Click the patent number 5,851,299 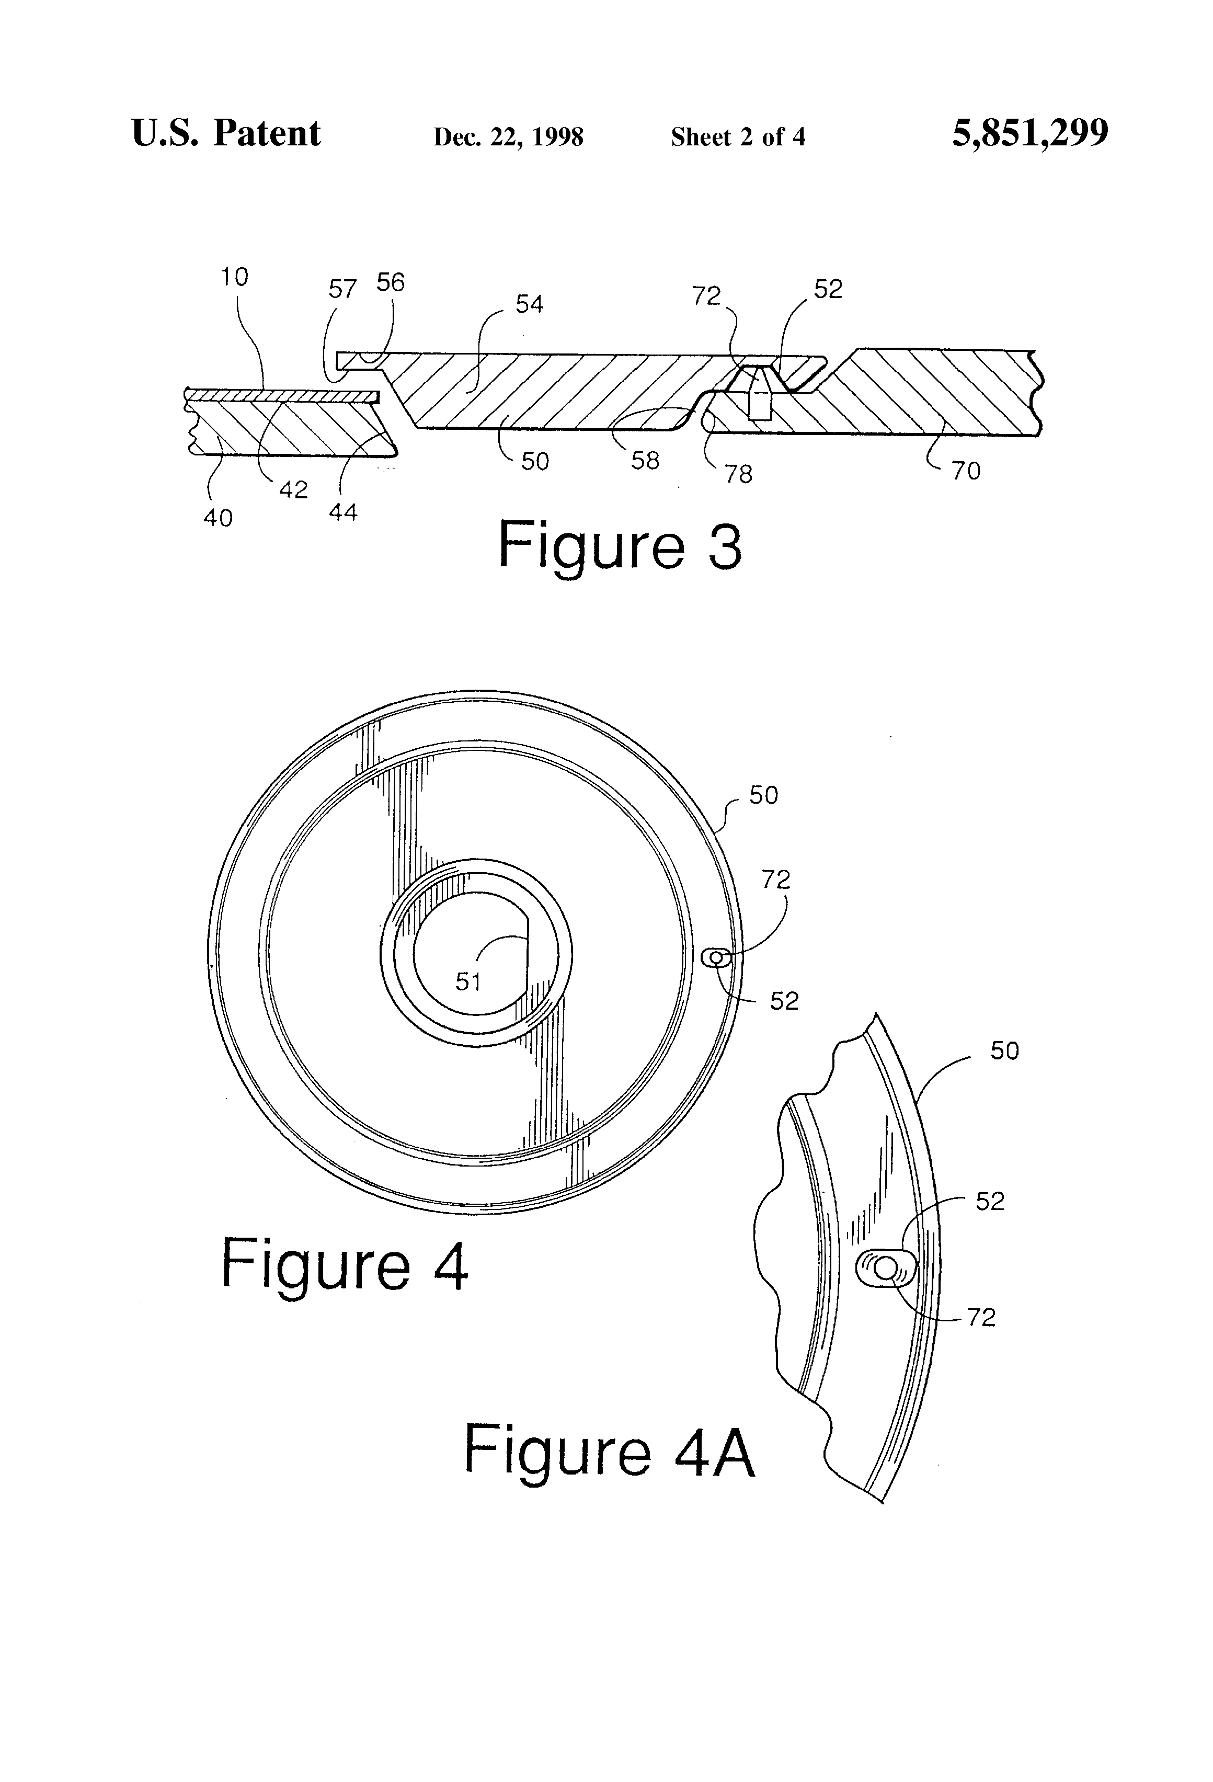point(1030,133)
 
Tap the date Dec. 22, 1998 point(508,137)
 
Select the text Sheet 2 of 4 point(738,136)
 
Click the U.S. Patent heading point(226,133)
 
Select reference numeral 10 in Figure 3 point(235,277)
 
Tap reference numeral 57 point(343,289)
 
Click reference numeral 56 point(390,282)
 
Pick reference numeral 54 point(529,304)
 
